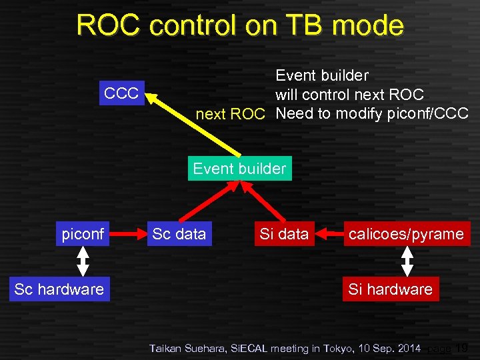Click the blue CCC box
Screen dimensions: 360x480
point(121,93)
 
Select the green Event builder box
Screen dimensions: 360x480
point(239,169)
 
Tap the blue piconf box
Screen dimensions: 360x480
point(83,234)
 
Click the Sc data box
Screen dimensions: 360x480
point(179,234)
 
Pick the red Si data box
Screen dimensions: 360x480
point(284,234)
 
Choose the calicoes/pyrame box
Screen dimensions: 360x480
point(406,234)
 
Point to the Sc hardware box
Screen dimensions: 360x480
point(59,289)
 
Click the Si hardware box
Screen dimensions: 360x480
point(390,289)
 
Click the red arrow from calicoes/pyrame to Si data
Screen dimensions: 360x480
point(329,234)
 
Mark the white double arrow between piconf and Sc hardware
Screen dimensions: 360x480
point(83,261)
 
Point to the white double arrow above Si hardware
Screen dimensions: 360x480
point(407,261)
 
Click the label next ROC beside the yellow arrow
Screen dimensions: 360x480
point(230,114)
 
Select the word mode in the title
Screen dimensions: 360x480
point(369,25)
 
